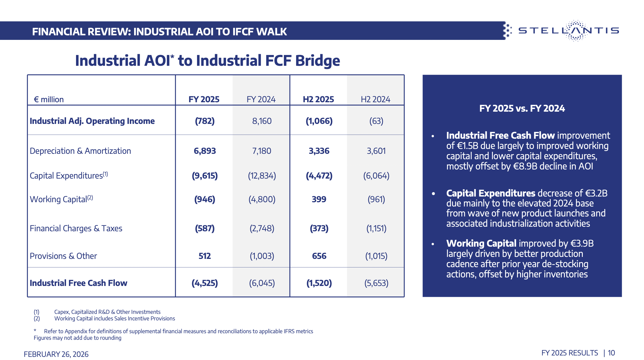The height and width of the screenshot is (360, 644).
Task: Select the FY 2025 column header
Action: [204, 99]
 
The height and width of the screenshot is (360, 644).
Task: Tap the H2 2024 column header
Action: [375, 99]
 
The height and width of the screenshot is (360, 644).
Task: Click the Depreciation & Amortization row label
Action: [80, 151]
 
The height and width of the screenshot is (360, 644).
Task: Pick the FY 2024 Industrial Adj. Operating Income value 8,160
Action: [262, 121]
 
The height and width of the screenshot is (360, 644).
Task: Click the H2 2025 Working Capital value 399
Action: [319, 199]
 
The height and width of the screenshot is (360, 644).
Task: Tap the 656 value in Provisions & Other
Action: [319, 256]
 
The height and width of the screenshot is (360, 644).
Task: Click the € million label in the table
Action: [49, 100]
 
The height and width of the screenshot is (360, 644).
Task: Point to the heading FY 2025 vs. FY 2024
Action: [522, 109]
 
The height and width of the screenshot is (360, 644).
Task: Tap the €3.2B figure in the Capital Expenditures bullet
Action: [596, 193]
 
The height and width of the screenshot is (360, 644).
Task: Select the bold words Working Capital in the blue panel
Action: [481, 244]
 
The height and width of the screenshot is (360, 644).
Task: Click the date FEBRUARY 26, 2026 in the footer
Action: [56, 354]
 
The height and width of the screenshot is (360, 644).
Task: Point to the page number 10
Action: [611, 353]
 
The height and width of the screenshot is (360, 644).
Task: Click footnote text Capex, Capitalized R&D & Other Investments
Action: [107, 312]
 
